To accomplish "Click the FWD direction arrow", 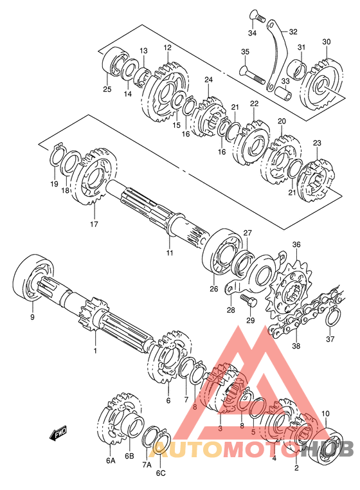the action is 58,433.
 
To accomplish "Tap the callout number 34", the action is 252,33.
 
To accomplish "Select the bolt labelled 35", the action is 253,75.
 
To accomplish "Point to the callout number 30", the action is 327,42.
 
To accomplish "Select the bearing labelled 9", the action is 33,277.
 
